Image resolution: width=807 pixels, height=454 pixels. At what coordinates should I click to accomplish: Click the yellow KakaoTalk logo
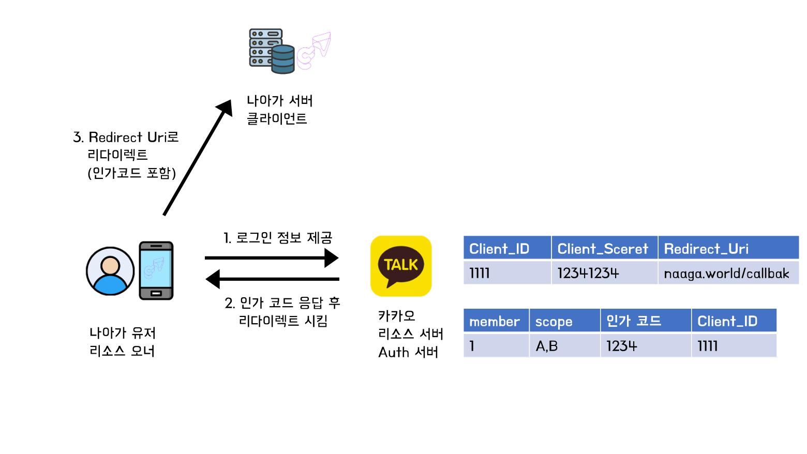pyautogui.click(x=401, y=266)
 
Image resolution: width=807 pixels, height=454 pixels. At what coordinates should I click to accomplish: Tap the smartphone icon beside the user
pyautogui.click(x=156, y=270)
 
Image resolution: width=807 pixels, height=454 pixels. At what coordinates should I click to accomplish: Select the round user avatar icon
pyautogui.click(x=110, y=271)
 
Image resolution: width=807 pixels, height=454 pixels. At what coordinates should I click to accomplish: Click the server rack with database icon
pyautogui.click(x=272, y=51)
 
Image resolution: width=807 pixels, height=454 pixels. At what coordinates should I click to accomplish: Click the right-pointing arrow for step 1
pyautogui.click(x=272, y=258)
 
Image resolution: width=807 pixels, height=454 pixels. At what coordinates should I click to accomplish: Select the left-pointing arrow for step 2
pyautogui.click(x=272, y=279)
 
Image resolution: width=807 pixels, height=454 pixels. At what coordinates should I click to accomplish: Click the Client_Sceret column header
pyautogui.click(x=603, y=249)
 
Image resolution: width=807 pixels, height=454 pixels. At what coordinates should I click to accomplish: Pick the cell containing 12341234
pyautogui.click(x=603, y=273)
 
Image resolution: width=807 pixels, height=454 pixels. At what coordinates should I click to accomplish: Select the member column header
pyautogui.click(x=495, y=321)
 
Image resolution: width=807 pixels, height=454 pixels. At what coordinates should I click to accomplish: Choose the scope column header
pyautogui.click(x=564, y=321)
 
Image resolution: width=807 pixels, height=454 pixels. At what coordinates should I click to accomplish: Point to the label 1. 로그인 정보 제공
pyautogui.click(x=278, y=238)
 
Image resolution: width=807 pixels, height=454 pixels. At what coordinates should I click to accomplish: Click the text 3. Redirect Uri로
pyautogui.click(x=126, y=137)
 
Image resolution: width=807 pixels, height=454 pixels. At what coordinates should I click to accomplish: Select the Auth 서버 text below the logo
pyautogui.click(x=408, y=352)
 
